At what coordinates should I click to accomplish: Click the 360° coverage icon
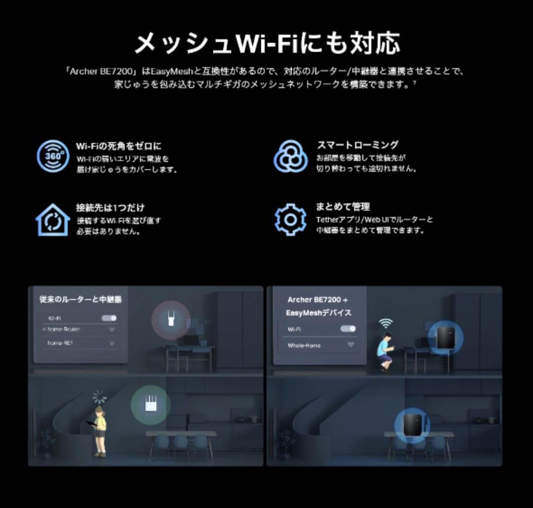53,156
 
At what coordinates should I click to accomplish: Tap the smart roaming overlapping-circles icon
291,156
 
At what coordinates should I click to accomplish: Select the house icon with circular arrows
53,220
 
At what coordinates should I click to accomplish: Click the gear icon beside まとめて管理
291,219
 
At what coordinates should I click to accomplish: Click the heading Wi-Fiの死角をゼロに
118,146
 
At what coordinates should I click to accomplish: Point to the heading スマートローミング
357,145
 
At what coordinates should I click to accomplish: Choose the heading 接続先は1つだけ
110,208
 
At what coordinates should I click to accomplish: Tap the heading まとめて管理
343,207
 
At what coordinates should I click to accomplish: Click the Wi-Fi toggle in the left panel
109,318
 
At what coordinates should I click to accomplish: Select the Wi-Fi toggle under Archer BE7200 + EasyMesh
348,329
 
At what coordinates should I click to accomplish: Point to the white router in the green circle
150,405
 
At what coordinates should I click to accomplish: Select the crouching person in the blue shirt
385,350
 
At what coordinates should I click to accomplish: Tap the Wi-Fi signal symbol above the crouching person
386,323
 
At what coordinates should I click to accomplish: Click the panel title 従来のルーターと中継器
80,299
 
